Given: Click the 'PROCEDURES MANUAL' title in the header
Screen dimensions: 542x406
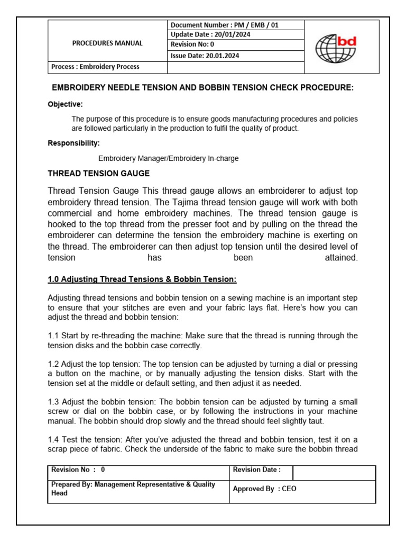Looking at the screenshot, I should (107, 43).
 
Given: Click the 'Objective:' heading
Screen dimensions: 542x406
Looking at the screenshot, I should (66, 104).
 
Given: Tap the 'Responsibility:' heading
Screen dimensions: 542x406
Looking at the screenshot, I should (74, 143).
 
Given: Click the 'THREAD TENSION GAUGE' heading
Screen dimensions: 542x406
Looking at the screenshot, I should (99, 174).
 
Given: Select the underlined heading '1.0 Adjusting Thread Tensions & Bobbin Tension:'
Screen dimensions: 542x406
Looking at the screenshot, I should (142, 279).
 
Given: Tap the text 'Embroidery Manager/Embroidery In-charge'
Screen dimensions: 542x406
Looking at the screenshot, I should (169, 159).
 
